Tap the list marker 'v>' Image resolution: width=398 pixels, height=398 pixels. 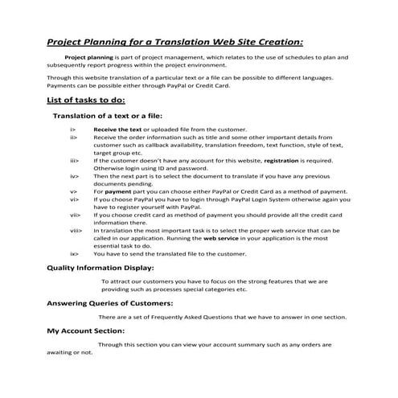coord(73,191)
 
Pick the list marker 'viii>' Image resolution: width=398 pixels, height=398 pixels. coord(76,230)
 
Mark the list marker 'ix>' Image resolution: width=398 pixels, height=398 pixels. coord(74,253)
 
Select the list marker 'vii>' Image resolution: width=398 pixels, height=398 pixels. coord(75,215)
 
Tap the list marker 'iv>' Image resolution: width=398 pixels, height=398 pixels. coord(74,176)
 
